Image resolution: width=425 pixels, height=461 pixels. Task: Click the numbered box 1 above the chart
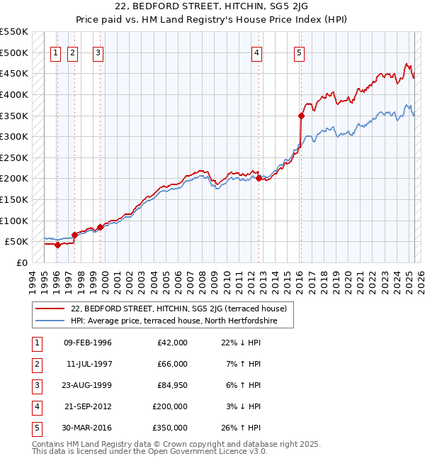pos(56,52)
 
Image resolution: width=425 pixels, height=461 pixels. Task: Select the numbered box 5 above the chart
pos(300,52)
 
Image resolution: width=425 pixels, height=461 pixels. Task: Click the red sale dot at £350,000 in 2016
pos(301,115)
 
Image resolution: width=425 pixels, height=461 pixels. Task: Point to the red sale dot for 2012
pos(259,179)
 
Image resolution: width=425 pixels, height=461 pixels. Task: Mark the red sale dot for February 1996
pos(57,245)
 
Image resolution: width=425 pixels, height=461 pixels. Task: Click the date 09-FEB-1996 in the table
pos(88,343)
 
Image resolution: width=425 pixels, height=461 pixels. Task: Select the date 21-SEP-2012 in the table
pos(88,406)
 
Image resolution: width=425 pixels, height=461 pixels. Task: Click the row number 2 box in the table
pos(35,364)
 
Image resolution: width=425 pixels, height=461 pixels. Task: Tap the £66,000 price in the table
pos(172,364)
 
